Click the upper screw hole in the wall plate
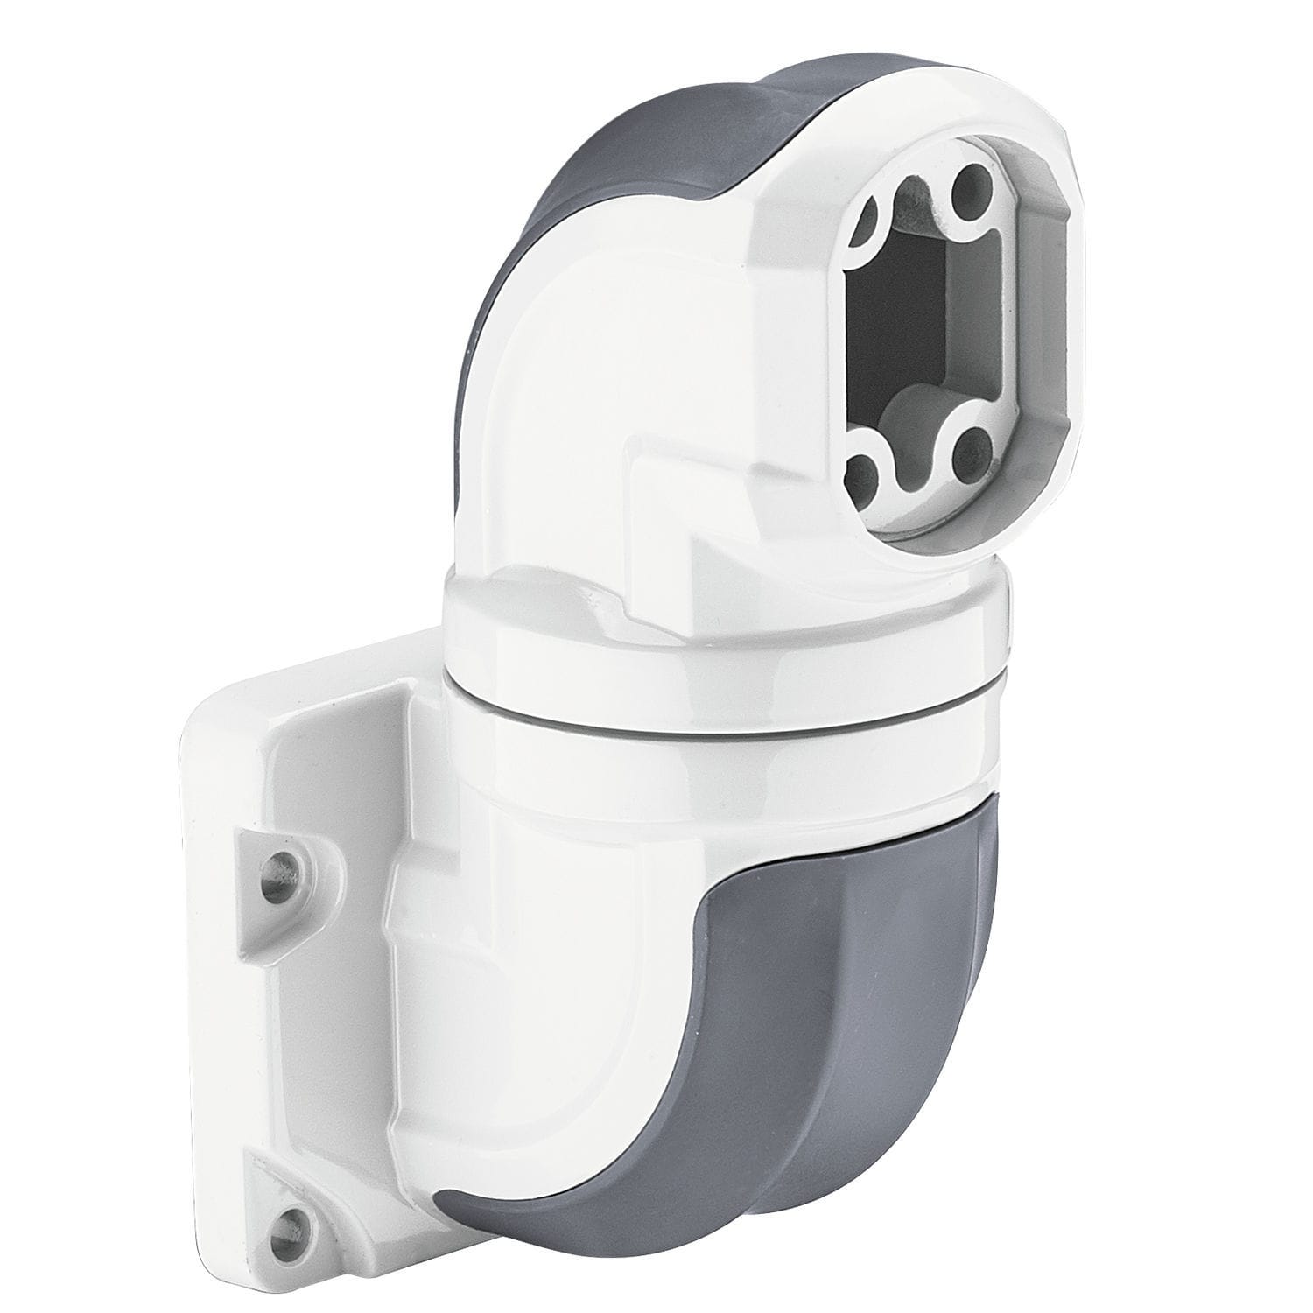coord(283,867)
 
